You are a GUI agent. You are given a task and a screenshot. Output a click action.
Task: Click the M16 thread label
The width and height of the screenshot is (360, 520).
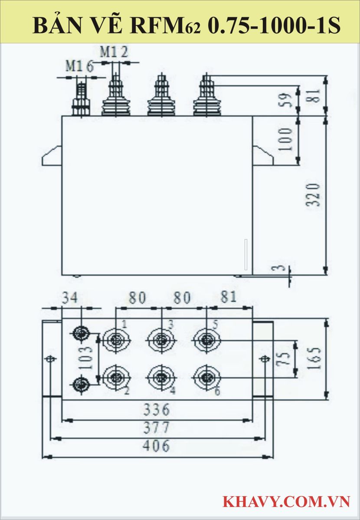[79, 66]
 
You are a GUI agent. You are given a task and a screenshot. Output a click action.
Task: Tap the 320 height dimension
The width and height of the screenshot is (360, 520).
[315, 194]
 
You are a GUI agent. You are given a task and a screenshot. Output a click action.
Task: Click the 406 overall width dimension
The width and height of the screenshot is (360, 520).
[157, 445]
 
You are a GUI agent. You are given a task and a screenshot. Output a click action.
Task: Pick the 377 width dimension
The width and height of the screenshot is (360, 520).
[157, 428]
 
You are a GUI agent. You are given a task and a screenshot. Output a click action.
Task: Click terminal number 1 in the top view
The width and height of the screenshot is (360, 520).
[124, 324]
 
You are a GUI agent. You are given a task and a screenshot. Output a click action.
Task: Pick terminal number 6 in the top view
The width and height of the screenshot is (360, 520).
[217, 391]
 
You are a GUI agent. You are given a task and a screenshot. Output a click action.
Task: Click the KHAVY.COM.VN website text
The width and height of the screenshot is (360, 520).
[286, 502]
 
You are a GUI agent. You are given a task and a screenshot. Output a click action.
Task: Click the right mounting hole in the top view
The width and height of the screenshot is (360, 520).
[265, 359]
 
